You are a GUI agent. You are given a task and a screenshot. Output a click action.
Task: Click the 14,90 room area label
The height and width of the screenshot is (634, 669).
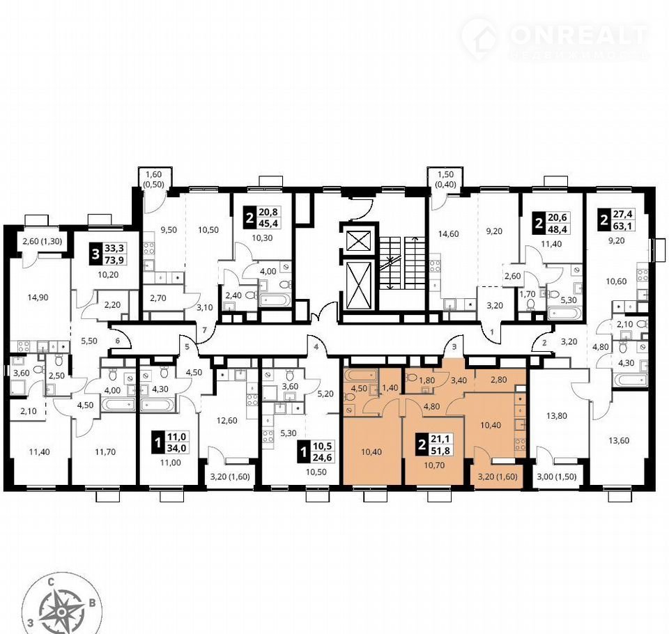pyautogui.click(x=38, y=297)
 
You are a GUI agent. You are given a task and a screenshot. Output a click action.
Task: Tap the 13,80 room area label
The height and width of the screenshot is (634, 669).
pyautogui.click(x=557, y=415)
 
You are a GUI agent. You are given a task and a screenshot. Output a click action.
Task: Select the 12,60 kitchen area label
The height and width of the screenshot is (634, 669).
pyautogui.click(x=227, y=420)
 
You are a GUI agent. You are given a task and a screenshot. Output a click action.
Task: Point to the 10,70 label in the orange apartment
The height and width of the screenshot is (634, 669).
pyautogui.click(x=434, y=465)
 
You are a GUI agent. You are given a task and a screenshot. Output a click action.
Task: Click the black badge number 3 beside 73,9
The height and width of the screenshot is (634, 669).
pyautogui.click(x=95, y=255)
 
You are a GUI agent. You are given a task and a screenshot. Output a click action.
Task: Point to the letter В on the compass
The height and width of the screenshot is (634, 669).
pyautogui.click(x=92, y=603)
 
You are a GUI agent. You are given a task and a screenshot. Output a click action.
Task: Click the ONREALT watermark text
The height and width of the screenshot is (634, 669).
pyautogui.click(x=579, y=35)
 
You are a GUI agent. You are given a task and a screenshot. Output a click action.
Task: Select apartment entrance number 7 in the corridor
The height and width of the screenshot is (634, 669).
pyautogui.click(x=204, y=330)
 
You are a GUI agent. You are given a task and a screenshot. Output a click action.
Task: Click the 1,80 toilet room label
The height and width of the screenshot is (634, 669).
pyautogui.click(x=427, y=381)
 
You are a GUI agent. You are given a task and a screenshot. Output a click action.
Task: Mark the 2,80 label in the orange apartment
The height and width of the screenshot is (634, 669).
pyautogui.click(x=499, y=379)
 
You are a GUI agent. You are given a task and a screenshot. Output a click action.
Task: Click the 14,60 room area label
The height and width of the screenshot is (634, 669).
pyautogui.click(x=448, y=233)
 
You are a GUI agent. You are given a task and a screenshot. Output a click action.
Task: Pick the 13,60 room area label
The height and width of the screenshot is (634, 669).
pyautogui.click(x=619, y=441)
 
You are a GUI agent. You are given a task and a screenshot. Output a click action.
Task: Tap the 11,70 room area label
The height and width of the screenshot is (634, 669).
pyautogui.click(x=105, y=452)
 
